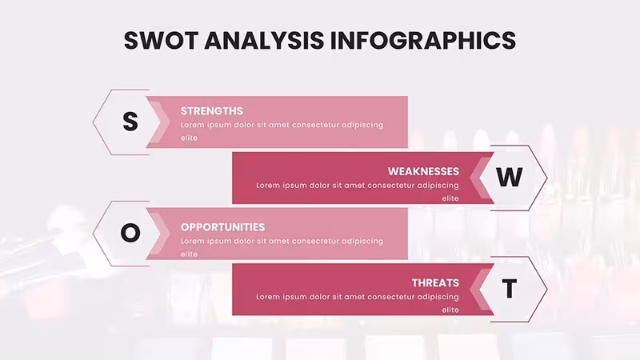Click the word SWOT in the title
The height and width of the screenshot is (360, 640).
click(x=161, y=41)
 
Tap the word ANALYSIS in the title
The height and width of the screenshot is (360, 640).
click(x=264, y=41)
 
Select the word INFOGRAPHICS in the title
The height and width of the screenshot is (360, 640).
click(x=423, y=41)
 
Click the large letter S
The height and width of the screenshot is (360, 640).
click(x=130, y=122)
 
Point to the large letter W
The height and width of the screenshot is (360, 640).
click(x=510, y=177)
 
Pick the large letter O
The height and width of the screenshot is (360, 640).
click(x=130, y=233)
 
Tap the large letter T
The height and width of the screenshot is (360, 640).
click(x=510, y=289)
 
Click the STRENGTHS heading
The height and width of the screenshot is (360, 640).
click(x=212, y=111)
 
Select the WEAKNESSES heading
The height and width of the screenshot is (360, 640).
click(x=423, y=171)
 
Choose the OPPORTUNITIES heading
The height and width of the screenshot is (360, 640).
click(x=223, y=227)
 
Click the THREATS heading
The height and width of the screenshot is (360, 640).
click(x=435, y=283)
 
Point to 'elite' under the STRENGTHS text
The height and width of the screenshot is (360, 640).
click(x=189, y=138)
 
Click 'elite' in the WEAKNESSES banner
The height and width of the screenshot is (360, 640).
click(x=450, y=198)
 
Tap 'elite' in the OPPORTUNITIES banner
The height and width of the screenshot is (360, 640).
click(x=189, y=254)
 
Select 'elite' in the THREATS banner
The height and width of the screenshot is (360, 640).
click(x=450, y=310)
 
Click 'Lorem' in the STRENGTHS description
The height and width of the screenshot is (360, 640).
click(x=192, y=125)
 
